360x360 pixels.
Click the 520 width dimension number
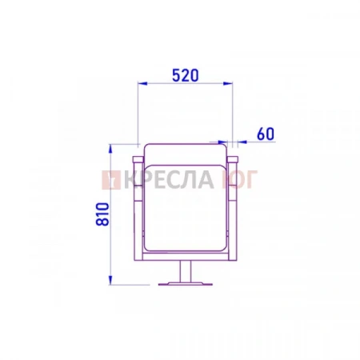(186, 75)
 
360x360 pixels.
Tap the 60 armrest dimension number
(266, 134)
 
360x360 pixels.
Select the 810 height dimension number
(102, 214)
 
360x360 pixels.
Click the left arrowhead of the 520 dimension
(142, 83)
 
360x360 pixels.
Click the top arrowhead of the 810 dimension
(110, 149)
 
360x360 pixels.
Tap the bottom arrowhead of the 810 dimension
(110, 280)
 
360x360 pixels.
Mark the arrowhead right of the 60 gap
(242, 142)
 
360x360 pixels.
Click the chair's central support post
(186, 271)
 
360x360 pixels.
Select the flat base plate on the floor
(186, 284)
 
